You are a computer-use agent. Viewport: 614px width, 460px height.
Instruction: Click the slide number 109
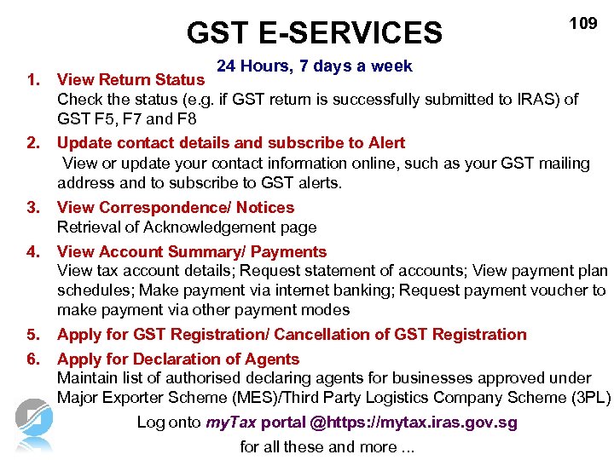(583, 24)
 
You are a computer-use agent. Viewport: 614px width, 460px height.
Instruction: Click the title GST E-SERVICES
(315, 33)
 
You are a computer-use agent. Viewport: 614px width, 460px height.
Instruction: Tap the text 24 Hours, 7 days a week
(314, 66)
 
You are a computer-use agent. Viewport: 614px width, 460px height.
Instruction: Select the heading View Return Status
(130, 80)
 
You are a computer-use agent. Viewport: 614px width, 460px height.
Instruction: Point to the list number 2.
(33, 142)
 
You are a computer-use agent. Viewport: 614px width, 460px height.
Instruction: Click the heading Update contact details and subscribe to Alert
(230, 142)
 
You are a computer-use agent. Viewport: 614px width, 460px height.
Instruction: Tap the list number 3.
(33, 207)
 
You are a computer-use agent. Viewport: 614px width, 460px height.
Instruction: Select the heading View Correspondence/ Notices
(175, 207)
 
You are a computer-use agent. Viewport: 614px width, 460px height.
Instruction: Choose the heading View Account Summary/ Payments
(191, 251)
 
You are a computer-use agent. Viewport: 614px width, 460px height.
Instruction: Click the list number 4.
(33, 251)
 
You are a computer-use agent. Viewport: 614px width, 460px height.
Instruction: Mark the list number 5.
(33, 335)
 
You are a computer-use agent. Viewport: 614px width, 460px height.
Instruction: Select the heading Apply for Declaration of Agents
(177, 359)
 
